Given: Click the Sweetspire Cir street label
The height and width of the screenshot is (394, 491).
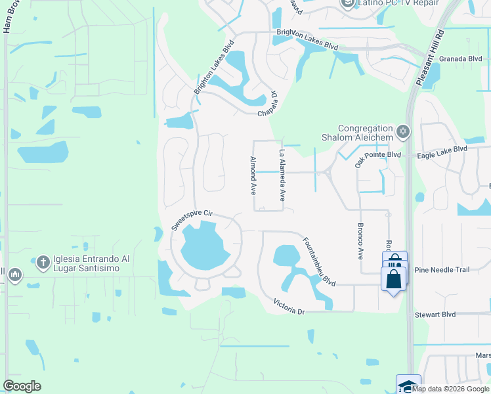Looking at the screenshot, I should [x=193, y=219].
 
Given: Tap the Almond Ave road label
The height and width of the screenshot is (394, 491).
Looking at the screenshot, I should [x=253, y=175].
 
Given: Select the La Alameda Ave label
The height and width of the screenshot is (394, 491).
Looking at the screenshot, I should [x=282, y=175].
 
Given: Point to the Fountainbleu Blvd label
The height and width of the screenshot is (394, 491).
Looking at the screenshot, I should [x=320, y=261].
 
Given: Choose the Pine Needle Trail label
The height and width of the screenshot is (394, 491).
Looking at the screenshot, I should [x=442, y=270].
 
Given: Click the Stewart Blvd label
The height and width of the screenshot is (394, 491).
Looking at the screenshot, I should [x=435, y=315].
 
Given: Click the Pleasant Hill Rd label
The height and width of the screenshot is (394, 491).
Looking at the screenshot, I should [x=430, y=56].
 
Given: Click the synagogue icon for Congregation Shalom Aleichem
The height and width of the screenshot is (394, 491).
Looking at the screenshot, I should [x=403, y=133].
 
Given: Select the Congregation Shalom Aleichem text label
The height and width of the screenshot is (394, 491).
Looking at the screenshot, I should [x=366, y=133].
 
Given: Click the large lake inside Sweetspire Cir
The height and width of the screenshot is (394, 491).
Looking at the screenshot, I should [x=203, y=246].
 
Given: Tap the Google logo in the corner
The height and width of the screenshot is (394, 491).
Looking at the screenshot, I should [x=22, y=386].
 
